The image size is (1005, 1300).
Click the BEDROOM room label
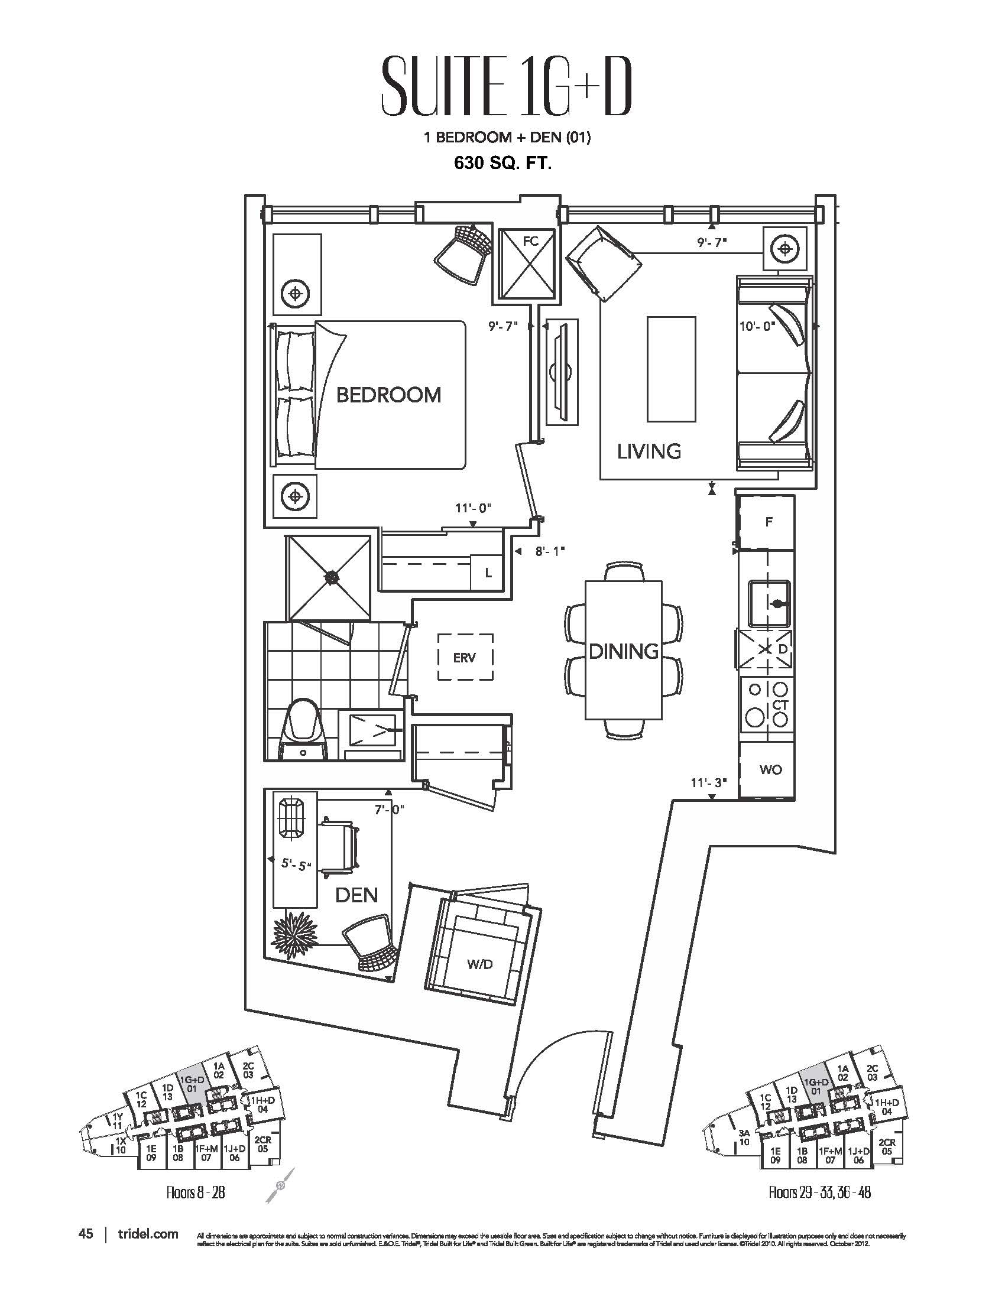coord(388,395)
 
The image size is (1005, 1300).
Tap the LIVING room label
coord(649,451)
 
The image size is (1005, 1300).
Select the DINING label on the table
coord(623,651)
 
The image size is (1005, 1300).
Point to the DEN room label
coord(356,895)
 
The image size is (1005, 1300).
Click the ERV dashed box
coord(465,657)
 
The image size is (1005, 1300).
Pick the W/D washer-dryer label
coord(480,964)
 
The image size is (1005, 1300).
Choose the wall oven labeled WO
coord(770,769)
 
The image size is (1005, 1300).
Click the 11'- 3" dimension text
coord(708,782)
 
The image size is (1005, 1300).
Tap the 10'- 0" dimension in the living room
coord(757,326)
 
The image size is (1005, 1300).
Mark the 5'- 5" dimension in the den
coord(297,865)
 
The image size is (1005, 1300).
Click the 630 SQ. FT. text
coord(502,163)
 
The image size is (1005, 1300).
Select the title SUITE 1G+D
coord(505,94)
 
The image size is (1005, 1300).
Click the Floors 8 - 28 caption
coord(196,1192)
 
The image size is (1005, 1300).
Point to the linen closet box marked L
coord(488,573)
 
